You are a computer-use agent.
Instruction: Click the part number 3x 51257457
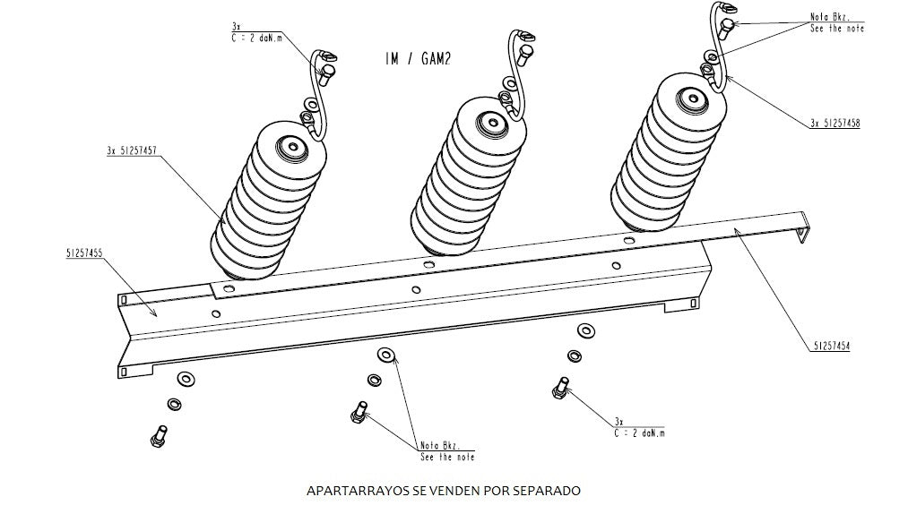(132, 152)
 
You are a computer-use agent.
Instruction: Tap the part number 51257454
(831, 345)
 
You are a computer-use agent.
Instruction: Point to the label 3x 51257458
(834, 124)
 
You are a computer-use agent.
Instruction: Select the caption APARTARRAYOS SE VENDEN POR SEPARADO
(444, 491)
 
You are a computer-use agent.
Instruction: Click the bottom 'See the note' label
(447, 458)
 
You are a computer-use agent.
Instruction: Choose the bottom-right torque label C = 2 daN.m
(638, 433)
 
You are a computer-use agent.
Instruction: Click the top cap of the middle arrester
(490, 121)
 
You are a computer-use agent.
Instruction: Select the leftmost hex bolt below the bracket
(157, 435)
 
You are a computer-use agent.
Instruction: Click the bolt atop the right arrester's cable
(727, 28)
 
